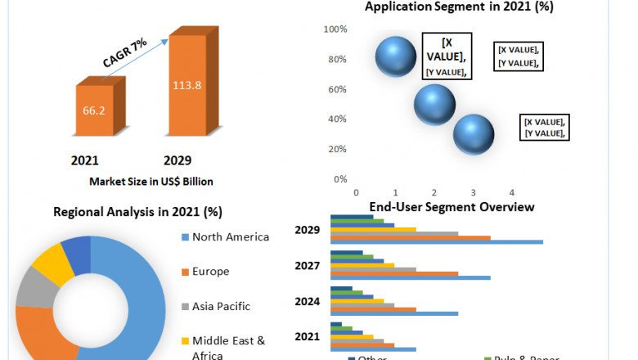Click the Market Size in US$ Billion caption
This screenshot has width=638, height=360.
tap(145, 181)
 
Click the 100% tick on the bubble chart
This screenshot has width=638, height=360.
tap(336, 29)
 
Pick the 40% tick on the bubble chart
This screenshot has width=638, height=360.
tap(339, 119)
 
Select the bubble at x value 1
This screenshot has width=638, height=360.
tap(396, 55)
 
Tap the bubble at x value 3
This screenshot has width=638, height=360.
tap(474, 134)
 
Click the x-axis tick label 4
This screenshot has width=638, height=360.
tap(511, 192)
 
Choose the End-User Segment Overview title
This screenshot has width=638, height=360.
tap(452, 207)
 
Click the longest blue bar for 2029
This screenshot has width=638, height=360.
tap(436, 241)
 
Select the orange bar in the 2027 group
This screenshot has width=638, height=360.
tap(393, 273)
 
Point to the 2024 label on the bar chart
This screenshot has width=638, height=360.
tap(308, 300)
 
